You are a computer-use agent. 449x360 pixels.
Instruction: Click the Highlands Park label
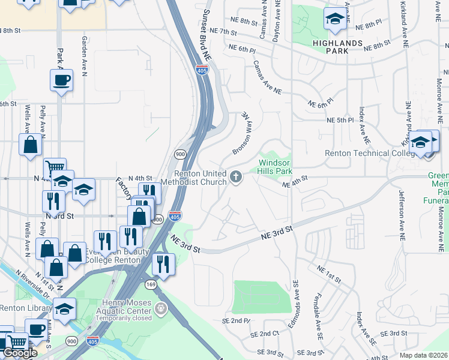(x=338, y=47)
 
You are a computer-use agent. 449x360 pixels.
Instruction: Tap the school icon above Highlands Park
(x=335, y=19)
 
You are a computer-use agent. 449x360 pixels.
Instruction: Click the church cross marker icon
(x=237, y=176)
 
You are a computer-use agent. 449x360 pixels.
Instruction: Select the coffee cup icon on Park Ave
(x=61, y=79)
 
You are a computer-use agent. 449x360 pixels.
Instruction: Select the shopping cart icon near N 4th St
(x=55, y=168)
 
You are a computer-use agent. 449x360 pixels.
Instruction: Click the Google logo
(x=20, y=353)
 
